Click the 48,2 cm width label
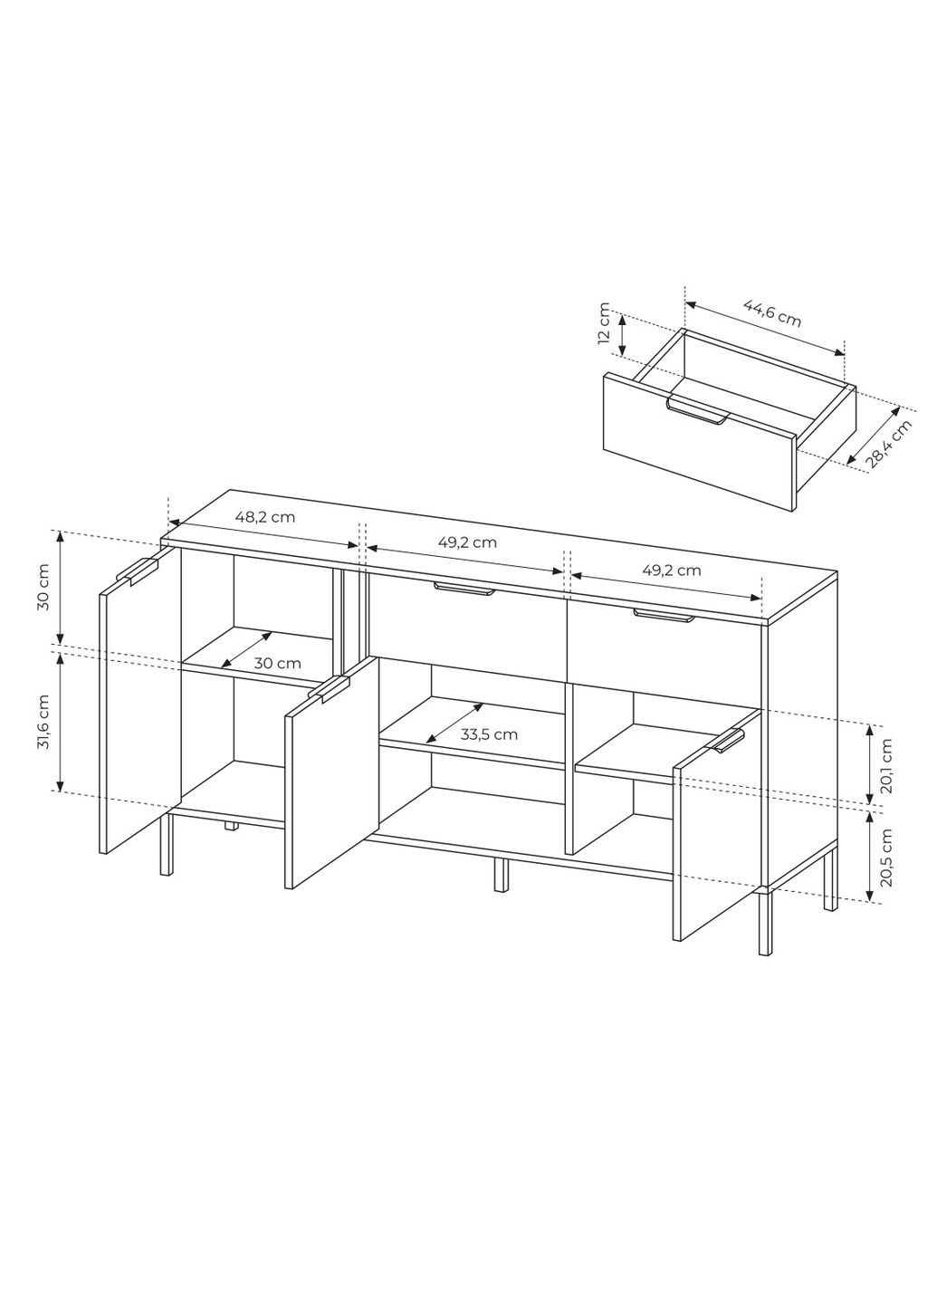(x=264, y=516)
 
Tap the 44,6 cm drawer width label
(x=772, y=313)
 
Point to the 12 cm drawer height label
(x=604, y=323)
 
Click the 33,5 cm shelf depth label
(x=489, y=734)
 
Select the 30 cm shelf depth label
(x=277, y=663)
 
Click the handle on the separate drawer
(x=698, y=410)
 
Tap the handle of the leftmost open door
(x=138, y=570)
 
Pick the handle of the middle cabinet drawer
(x=464, y=589)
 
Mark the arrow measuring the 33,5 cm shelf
(x=454, y=723)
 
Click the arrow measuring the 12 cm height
(x=622, y=335)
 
